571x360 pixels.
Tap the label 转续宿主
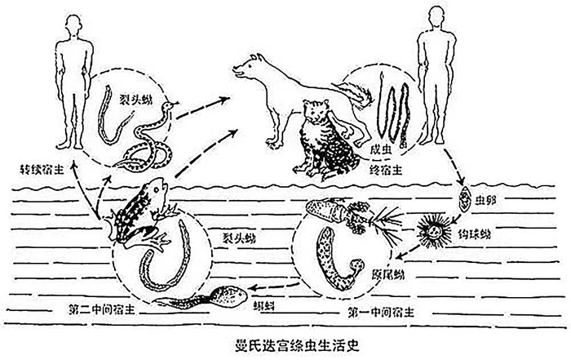tap(43, 173)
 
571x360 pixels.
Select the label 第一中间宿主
tap(366, 310)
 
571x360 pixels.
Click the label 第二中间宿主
tap(96, 310)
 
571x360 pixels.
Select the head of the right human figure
tap(430, 17)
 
